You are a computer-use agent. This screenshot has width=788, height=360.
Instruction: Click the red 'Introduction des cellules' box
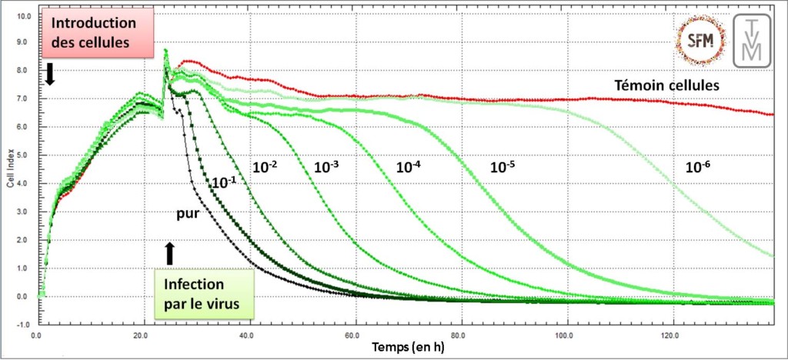[x=88, y=32]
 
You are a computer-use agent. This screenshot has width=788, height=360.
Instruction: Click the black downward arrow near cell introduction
[x=50, y=74]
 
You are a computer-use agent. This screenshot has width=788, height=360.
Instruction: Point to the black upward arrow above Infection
[x=170, y=253]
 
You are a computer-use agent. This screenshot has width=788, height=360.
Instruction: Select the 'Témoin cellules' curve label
[x=666, y=85]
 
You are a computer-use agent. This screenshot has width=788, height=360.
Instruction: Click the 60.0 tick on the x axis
[x=354, y=335]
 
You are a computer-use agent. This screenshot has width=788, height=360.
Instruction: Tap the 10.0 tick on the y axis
[x=23, y=15]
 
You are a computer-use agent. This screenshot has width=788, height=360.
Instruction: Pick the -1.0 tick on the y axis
[x=23, y=324]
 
